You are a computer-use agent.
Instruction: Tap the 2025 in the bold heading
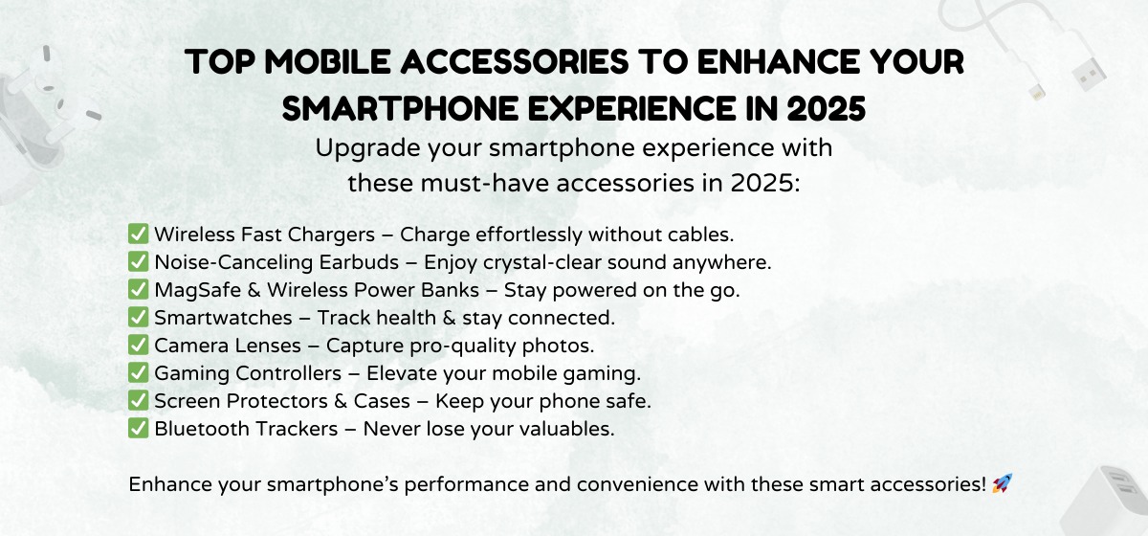point(827,108)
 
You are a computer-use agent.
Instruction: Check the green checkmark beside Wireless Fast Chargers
point(138,234)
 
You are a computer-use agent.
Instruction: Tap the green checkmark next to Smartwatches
point(138,318)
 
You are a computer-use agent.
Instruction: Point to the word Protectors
point(273,401)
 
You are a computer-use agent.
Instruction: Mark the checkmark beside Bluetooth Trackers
point(138,429)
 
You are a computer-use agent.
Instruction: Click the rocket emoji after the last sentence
point(1002,484)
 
